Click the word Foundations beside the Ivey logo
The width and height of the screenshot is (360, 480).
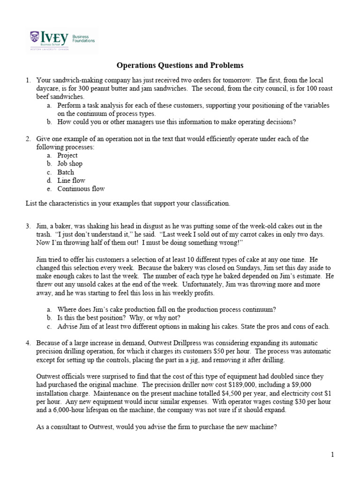pyautogui.click(x=83, y=41)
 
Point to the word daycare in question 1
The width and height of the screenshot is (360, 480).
pyautogui.click(x=49, y=89)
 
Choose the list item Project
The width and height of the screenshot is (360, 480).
pyautogui.click(x=67, y=155)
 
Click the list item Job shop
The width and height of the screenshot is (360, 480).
pyautogui.click(x=70, y=164)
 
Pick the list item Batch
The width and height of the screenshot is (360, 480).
pyautogui.click(x=66, y=172)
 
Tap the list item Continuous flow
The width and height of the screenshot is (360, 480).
pyautogui.click(x=81, y=189)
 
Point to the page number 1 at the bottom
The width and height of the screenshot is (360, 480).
pyautogui.click(x=332, y=454)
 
